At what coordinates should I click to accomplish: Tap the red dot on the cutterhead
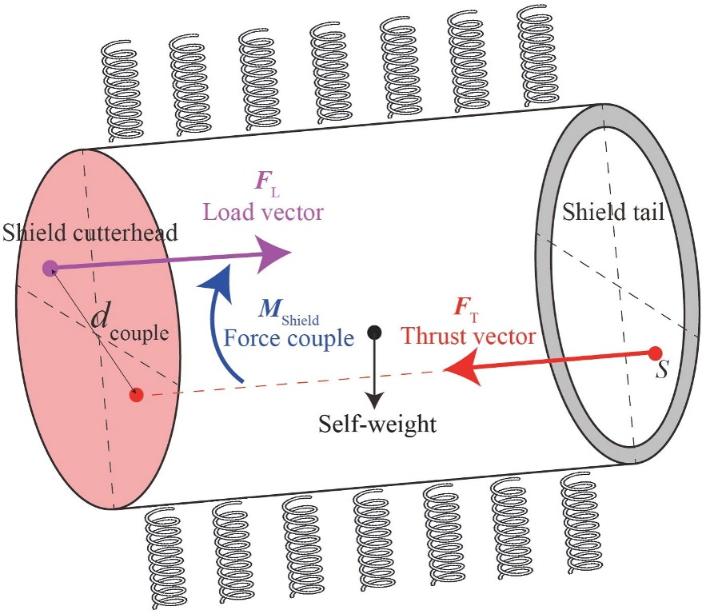(x=136, y=394)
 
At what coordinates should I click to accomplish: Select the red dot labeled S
(x=655, y=353)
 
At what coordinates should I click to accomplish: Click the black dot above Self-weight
(x=373, y=332)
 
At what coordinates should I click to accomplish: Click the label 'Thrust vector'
(x=468, y=336)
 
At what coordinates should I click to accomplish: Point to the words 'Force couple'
(x=288, y=338)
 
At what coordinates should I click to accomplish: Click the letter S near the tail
(x=660, y=373)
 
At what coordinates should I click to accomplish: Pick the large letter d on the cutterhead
(x=100, y=317)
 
